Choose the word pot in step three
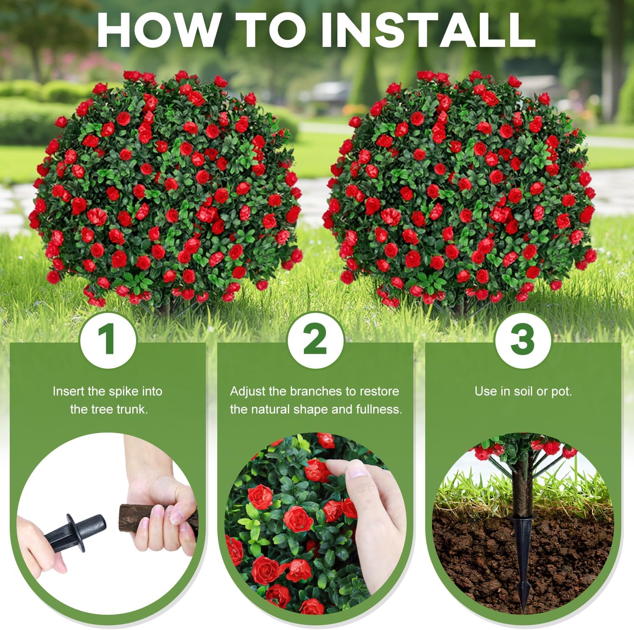click(x=560, y=392)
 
